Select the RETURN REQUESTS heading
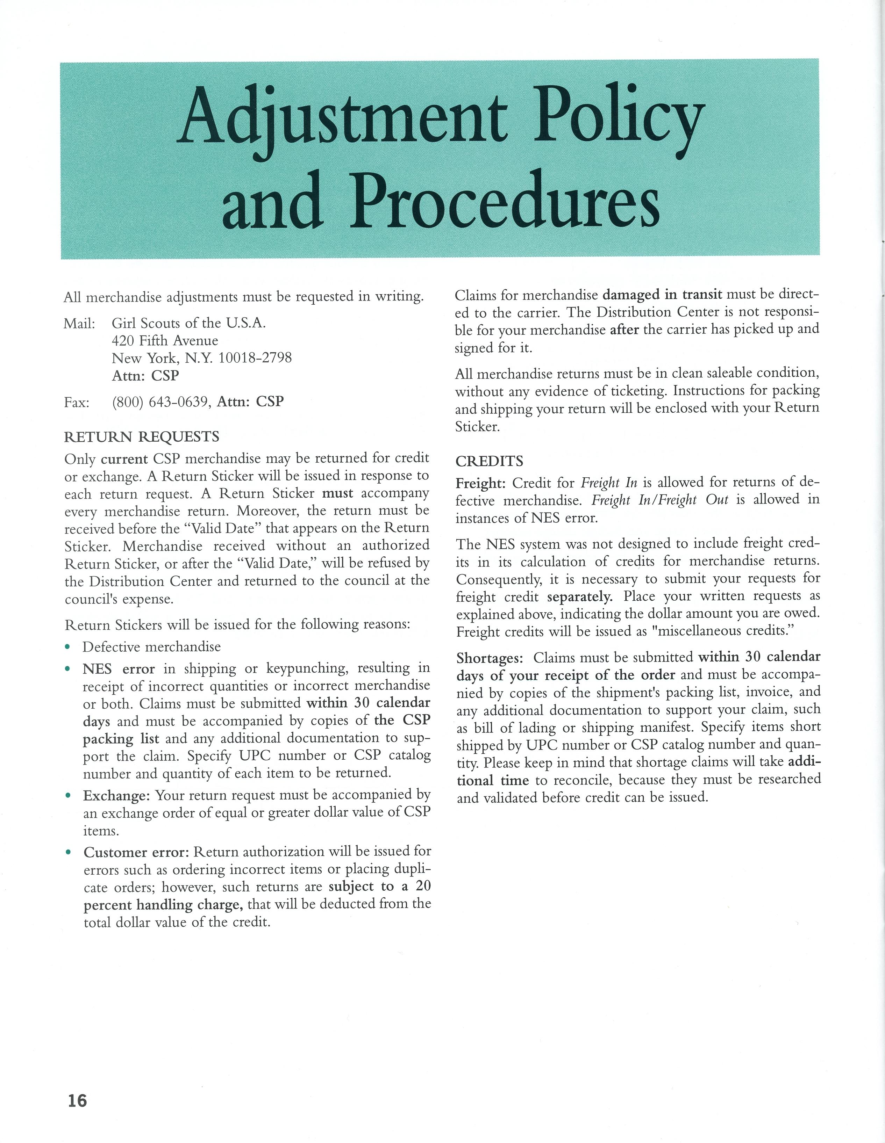point(141,436)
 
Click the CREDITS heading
point(489,461)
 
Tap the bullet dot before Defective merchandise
point(67,648)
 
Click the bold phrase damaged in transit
point(663,295)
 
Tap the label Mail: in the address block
point(79,324)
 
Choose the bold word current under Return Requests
point(124,459)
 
